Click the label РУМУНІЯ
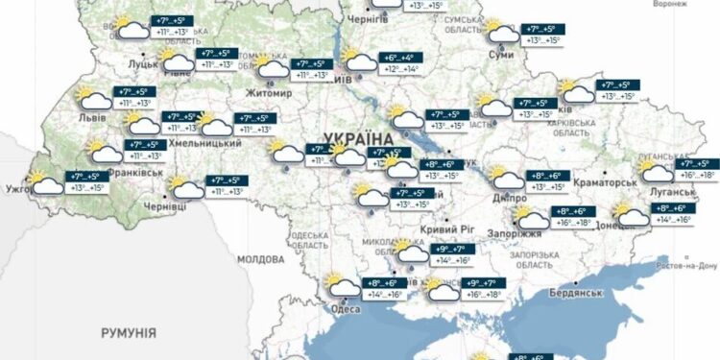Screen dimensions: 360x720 (128, 331)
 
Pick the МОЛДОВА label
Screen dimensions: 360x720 (254, 259)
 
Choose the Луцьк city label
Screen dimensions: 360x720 (142, 64)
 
